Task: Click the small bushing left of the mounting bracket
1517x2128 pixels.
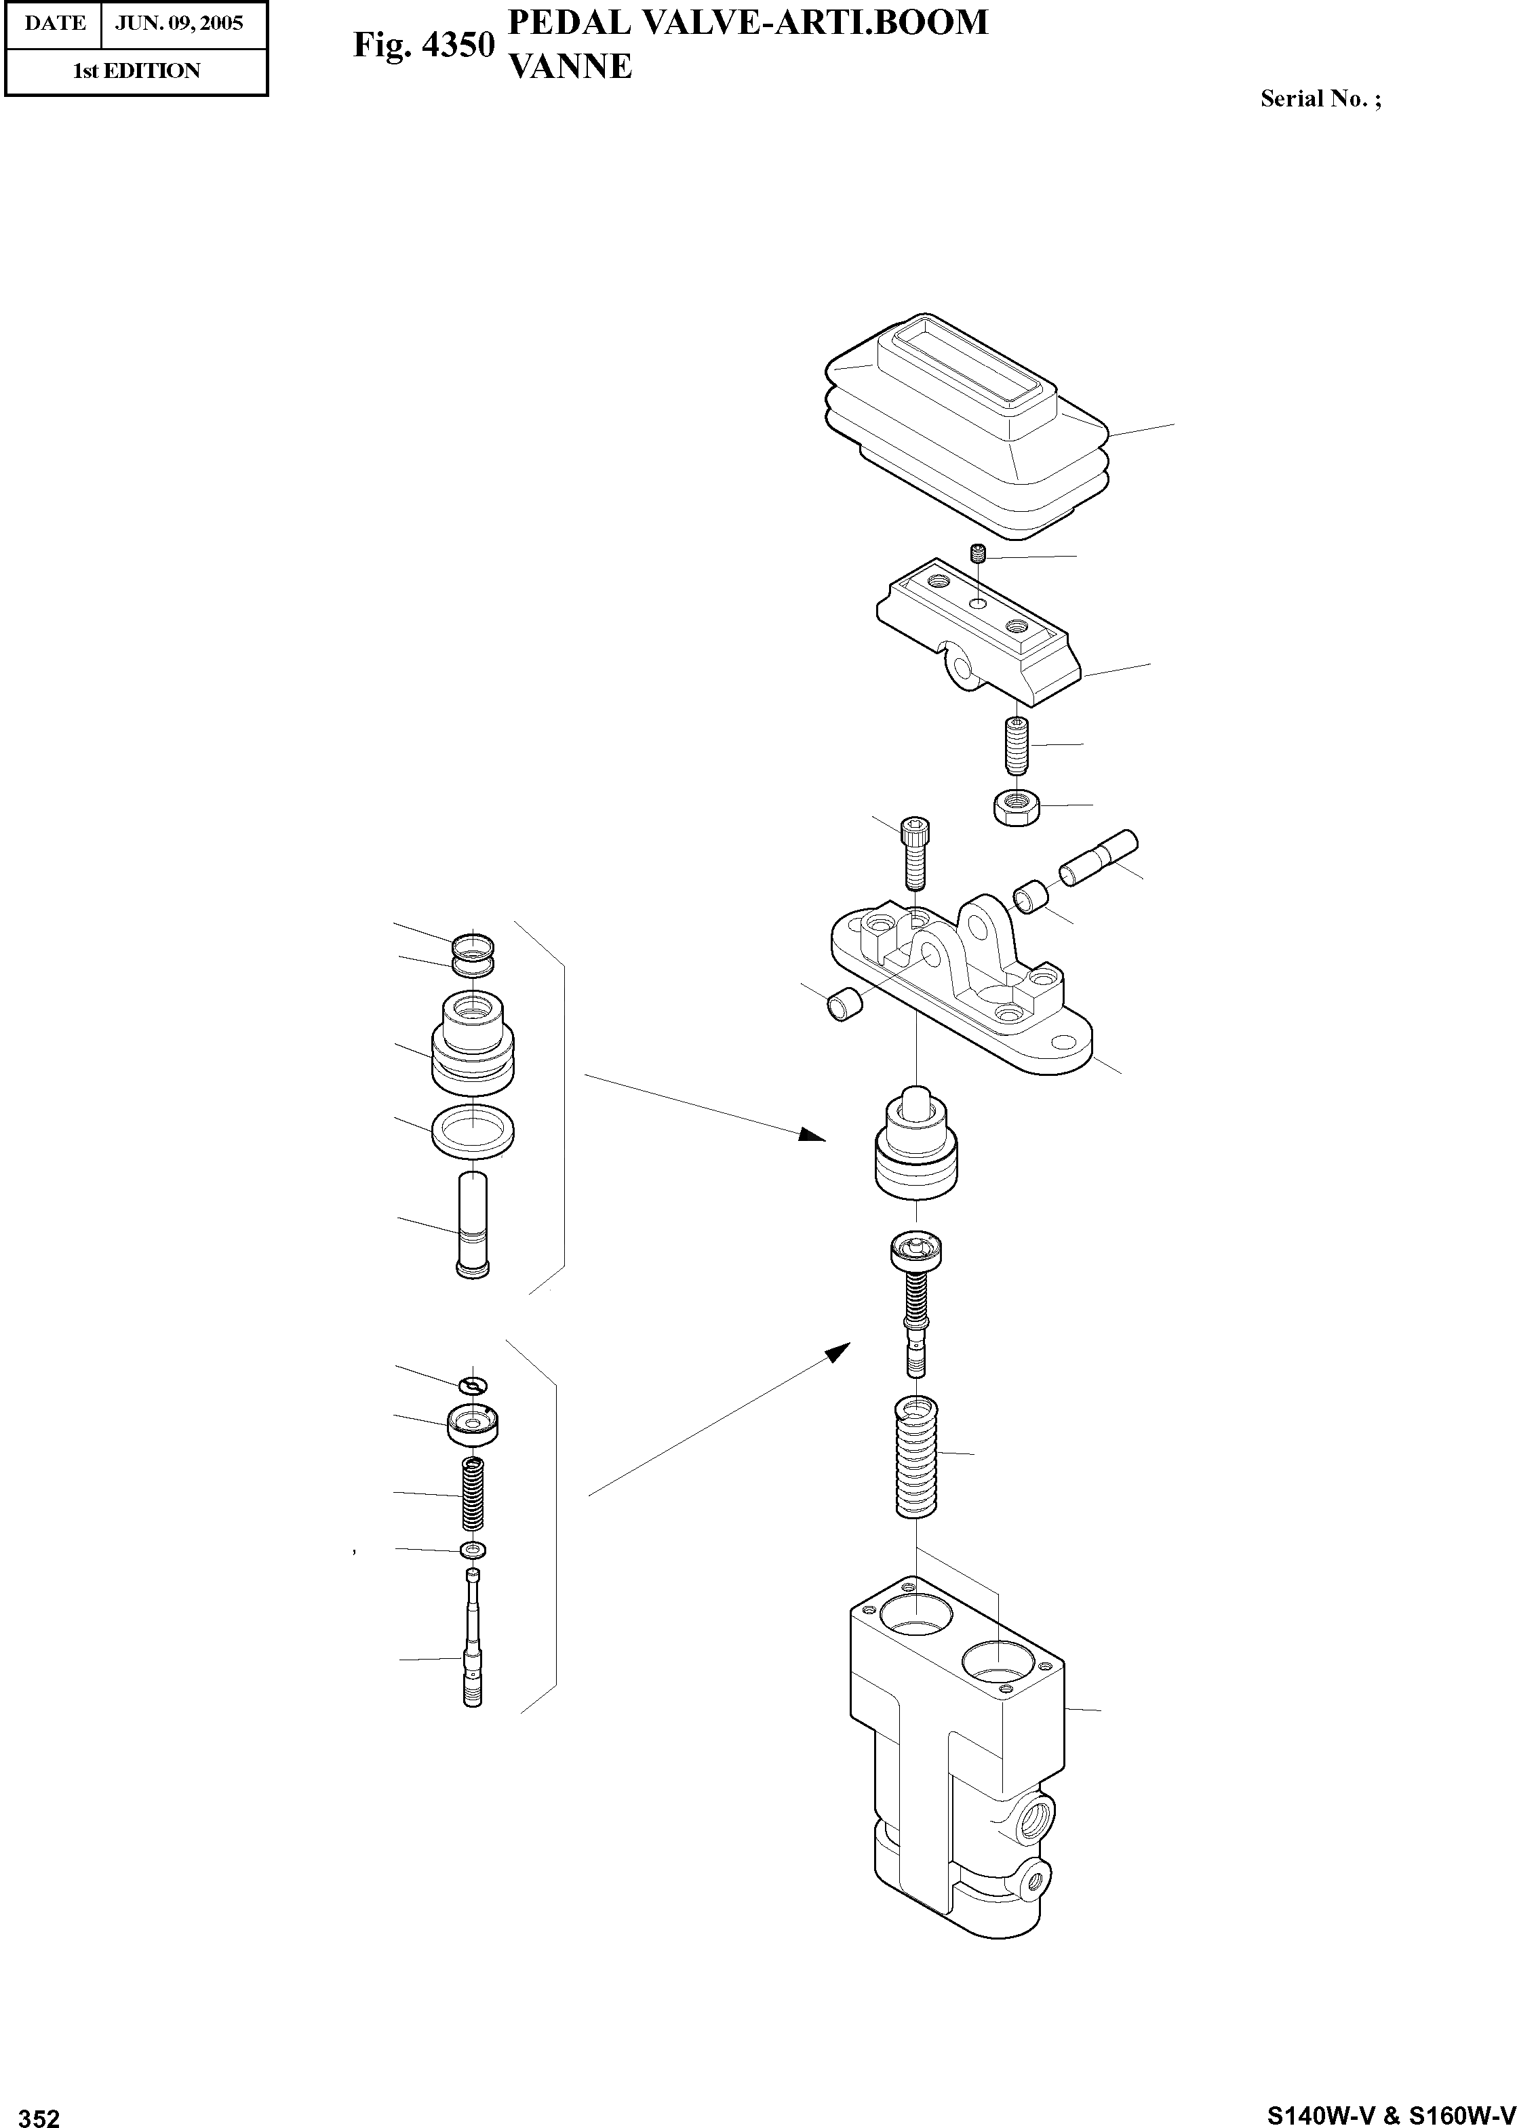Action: click(x=844, y=1005)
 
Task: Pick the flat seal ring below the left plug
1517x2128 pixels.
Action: click(x=473, y=1130)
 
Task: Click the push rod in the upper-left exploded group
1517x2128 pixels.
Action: click(x=473, y=1223)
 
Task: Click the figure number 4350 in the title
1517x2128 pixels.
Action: click(x=458, y=44)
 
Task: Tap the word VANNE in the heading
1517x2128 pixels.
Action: click(x=569, y=66)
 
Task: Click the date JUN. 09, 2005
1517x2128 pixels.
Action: click(x=178, y=22)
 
